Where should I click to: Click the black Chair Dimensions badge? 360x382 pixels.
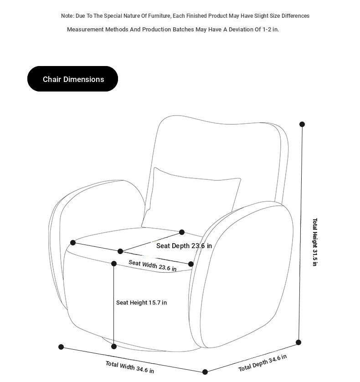point(72,79)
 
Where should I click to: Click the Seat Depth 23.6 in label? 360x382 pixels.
point(184,246)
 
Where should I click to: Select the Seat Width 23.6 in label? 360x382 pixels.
point(152,265)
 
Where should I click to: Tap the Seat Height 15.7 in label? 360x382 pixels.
point(141,302)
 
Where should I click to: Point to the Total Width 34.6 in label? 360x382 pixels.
point(129,367)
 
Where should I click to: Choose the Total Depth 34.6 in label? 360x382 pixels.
point(262,362)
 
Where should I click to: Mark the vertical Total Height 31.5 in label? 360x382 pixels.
point(315,242)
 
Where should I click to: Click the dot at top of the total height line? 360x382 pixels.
point(302,124)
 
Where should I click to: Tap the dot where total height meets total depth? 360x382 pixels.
point(298,342)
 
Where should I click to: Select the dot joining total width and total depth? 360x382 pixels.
point(205,372)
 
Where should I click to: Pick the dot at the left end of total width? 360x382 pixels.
point(61,347)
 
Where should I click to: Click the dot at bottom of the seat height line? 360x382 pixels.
point(114,346)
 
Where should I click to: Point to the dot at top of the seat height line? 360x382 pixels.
point(114,264)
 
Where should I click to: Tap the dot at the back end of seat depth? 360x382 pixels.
point(182,232)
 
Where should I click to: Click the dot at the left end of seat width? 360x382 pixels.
point(73,243)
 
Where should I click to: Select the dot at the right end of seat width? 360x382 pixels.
point(191,264)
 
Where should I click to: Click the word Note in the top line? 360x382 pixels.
point(67,16)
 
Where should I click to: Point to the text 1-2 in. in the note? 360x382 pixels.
point(271,30)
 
